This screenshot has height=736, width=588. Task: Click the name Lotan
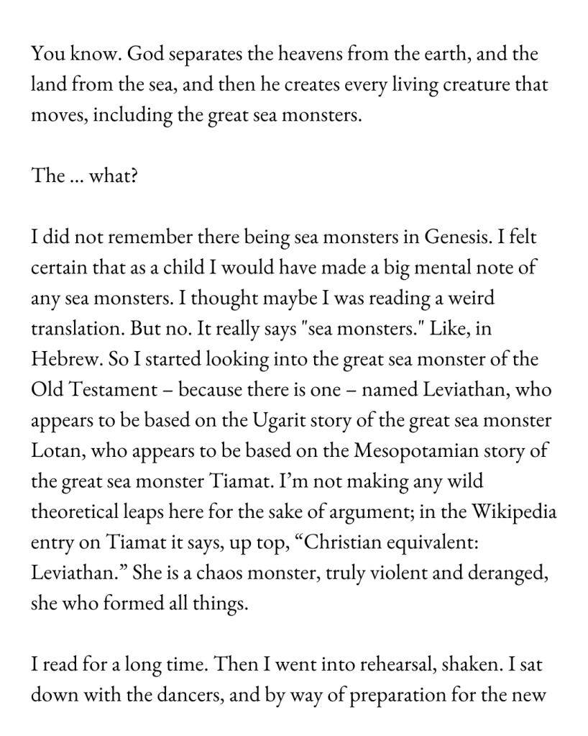coord(56,451)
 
